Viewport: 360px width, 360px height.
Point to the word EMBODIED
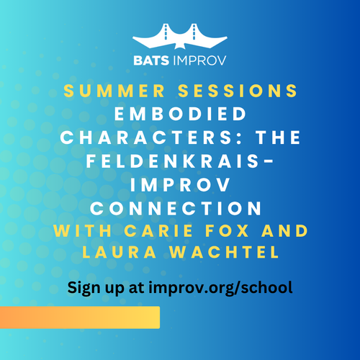click(180, 114)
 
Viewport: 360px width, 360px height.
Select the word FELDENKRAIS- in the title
click(180, 162)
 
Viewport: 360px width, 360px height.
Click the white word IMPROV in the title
click(180, 186)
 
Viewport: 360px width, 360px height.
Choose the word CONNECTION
click(180, 209)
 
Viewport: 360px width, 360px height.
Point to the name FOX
click(227, 232)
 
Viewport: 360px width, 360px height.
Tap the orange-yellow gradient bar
click(79, 317)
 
